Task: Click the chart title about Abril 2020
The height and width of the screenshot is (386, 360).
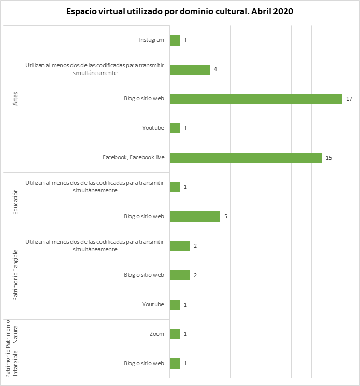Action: (x=180, y=12)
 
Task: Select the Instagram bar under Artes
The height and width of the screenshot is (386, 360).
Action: (x=175, y=40)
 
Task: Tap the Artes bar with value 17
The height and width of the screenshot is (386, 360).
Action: (x=255, y=99)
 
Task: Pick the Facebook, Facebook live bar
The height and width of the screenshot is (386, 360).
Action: (x=246, y=158)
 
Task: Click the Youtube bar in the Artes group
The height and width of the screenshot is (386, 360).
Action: (x=175, y=128)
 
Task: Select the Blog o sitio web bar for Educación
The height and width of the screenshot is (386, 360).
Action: (x=195, y=216)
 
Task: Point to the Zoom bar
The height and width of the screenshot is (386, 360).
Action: (x=175, y=334)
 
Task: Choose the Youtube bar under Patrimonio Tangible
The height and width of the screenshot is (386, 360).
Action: (x=175, y=304)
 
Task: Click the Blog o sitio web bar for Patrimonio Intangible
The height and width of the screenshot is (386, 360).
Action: (x=175, y=363)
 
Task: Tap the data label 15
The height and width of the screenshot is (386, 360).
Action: (x=328, y=158)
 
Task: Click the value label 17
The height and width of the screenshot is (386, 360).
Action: (x=349, y=99)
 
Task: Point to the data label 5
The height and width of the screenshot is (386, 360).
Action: (x=226, y=216)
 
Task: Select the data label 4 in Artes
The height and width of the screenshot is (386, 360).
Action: (x=215, y=69)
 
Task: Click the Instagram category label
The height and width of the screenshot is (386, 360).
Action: (x=151, y=40)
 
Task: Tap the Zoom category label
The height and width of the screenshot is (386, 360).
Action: (x=156, y=334)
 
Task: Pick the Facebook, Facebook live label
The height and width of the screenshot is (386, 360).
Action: (x=134, y=158)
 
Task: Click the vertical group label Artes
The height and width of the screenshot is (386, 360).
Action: (x=16, y=99)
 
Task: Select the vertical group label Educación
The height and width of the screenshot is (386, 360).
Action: (x=16, y=202)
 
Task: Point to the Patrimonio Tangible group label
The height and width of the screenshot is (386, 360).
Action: (x=16, y=275)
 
